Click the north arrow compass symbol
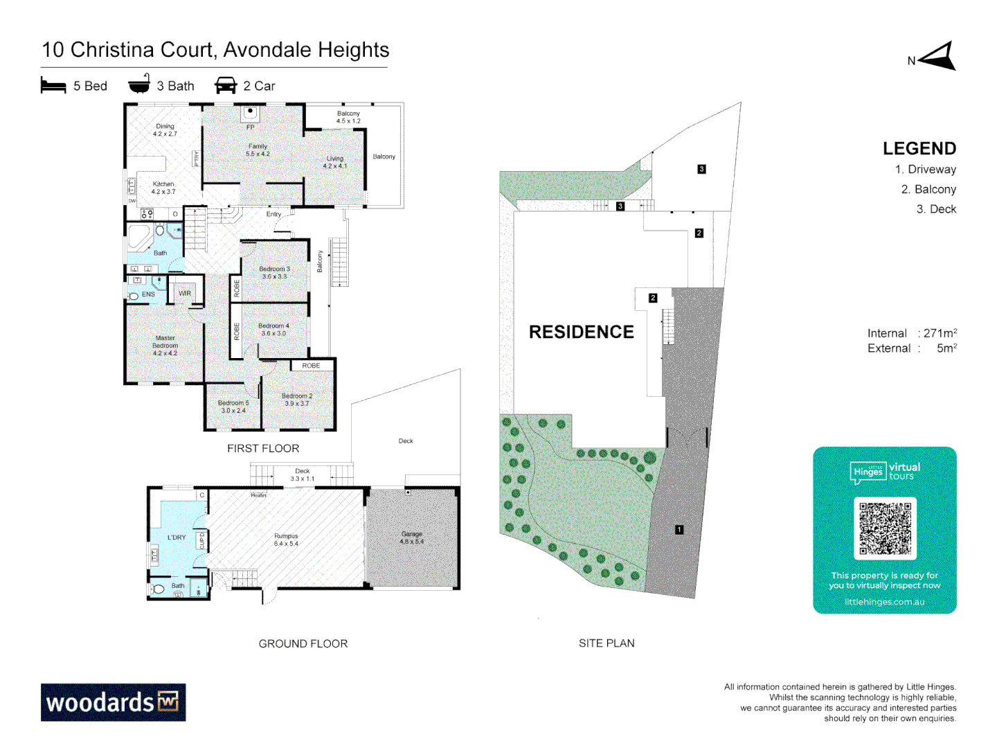tap(937, 57)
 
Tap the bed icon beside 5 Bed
tap(53, 86)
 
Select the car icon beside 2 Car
tap(226, 86)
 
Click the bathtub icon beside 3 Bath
tap(139, 84)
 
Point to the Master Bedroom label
tap(165, 346)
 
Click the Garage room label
tap(411, 537)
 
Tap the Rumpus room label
tap(286, 540)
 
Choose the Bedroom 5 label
tap(233, 407)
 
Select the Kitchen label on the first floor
tap(163, 188)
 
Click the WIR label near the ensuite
tap(185, 294)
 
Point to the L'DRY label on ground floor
tap(177, 537)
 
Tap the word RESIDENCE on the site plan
tap(581, 332)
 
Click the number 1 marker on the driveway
tap(679, 530)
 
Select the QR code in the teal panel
tap(885, 528)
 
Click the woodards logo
tap(113, 702)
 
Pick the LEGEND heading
tap(919, 149)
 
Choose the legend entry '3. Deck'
tap(936, 209)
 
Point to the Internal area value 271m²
tap(940, 333)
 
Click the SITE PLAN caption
tap(607, 643)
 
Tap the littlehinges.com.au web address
tap(884, 602)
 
